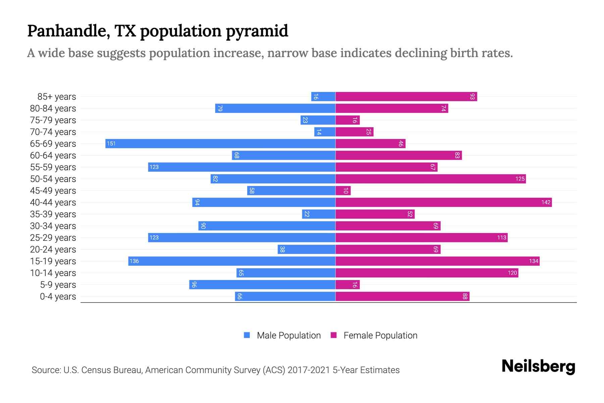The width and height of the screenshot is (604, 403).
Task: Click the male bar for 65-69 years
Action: (220, 144)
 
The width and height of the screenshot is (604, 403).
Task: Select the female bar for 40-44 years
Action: (444, 203)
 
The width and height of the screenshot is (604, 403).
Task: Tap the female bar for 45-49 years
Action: (343, 191)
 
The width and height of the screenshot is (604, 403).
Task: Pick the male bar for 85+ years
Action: (323, 97)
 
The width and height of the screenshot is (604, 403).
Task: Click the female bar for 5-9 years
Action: (348, 285)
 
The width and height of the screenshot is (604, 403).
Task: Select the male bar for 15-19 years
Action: (232, 261)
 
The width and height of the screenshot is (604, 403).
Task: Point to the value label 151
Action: (111, 144)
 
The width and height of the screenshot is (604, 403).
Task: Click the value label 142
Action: (546, 203)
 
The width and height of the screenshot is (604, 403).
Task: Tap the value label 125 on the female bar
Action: (520, 179)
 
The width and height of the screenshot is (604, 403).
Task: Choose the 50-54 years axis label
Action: (53, 179)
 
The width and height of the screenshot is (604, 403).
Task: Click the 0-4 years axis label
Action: (58, 297)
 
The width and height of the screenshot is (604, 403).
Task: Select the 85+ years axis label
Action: (57, 97)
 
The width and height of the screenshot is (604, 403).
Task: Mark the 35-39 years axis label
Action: (53, 214)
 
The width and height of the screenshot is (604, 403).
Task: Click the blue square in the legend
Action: (247, 335)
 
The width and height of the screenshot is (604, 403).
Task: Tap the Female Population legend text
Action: (380, 335)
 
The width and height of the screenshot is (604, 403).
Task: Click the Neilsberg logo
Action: (538, 366)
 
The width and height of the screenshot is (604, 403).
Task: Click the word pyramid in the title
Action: (257, 31)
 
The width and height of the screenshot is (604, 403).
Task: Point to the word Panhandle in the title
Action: (68, 31)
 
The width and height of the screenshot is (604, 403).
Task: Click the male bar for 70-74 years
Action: (325, 132)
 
